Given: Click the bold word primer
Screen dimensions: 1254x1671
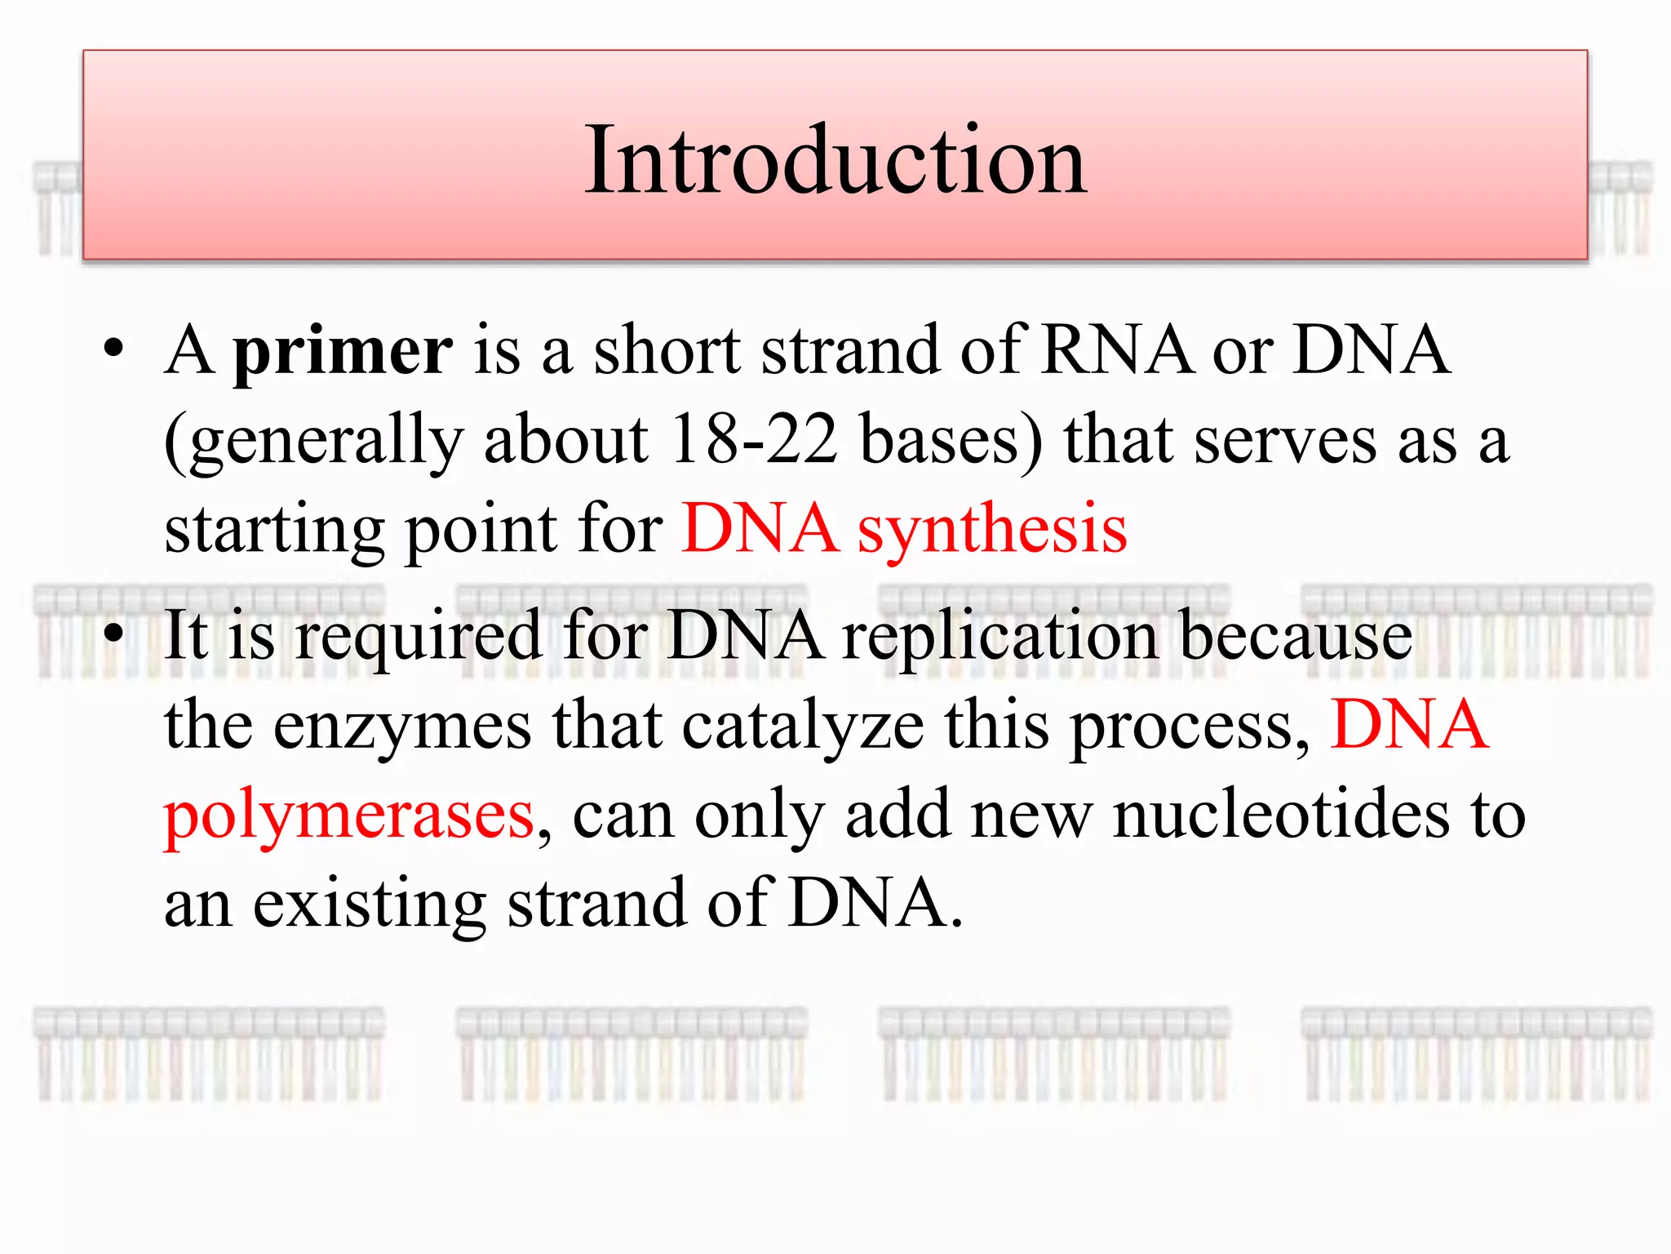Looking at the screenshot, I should pos(343,351).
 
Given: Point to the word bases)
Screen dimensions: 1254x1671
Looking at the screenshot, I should pos(951,441).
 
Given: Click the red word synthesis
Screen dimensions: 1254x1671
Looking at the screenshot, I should pos(992,529).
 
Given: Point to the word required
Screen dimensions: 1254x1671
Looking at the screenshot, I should pos(419,637).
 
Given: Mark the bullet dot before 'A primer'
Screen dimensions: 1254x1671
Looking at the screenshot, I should pos(113,351).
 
